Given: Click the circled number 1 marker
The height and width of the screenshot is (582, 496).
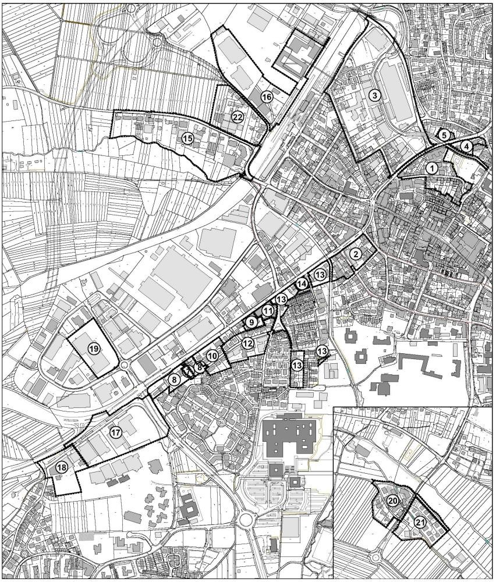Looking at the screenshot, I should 431,168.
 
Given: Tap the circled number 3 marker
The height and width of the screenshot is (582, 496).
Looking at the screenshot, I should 374,95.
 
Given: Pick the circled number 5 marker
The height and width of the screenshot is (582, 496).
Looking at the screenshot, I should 444,134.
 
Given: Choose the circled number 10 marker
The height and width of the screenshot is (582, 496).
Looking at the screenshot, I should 212,354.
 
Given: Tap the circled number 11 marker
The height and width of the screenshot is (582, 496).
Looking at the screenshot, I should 267,311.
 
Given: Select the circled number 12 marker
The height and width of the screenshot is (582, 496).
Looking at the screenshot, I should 247,343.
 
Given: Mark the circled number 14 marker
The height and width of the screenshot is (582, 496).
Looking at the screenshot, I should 300,284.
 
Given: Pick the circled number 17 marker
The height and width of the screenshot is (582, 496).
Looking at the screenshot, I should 115,432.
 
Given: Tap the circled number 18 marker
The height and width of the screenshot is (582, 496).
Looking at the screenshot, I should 61,467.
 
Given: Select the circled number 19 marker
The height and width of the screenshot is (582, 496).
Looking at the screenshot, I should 93,348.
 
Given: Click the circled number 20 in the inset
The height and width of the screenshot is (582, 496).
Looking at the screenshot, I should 392,500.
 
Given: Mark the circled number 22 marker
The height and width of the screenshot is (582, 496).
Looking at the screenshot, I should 237,116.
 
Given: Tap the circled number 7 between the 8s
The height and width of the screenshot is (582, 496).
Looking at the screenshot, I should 188,370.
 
